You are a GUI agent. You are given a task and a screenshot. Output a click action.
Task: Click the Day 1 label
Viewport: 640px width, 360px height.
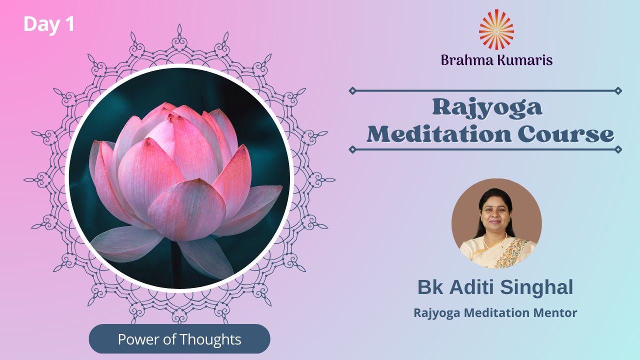click(48, 24)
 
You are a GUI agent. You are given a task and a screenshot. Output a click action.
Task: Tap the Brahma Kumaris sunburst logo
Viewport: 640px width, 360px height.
click(496, 29)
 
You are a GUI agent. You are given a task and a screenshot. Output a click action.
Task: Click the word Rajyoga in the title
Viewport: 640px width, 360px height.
click(487, 107)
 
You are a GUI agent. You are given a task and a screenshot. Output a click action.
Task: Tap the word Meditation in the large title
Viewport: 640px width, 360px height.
click(439, 134)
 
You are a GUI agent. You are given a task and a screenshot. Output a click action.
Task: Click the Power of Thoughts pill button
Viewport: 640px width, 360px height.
click(179, 339)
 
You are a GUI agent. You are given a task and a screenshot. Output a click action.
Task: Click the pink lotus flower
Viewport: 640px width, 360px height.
click(180, 185)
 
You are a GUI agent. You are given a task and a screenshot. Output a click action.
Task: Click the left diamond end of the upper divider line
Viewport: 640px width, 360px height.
click(352, 90)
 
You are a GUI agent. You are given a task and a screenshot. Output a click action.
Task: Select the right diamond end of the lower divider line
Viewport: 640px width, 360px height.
click(618, 149)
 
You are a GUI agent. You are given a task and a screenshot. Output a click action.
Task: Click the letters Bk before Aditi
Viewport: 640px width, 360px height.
click(429, 287)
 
